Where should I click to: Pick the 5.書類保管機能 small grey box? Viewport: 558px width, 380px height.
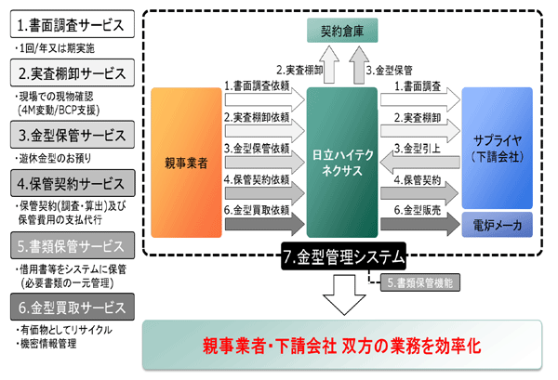[414, 278]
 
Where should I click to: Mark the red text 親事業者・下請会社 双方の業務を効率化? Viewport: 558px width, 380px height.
[346, 347]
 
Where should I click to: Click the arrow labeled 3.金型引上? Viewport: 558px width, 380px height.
[418, 154]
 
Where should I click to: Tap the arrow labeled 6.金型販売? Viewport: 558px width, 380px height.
[418, 216]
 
